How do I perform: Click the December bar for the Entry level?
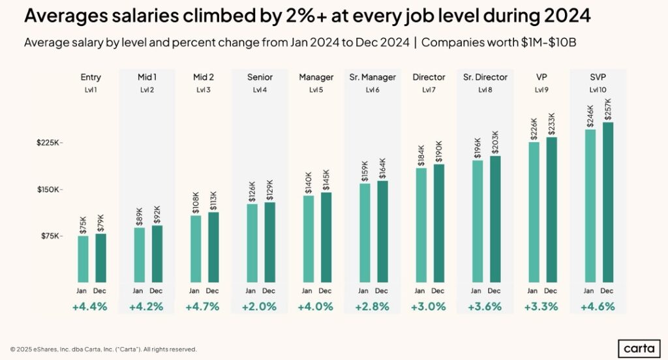(100, 259)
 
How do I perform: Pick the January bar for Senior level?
(251, 244)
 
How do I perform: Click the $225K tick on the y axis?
(49, 143)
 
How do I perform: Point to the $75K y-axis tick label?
(50, 236)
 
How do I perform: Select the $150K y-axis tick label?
(49, 190)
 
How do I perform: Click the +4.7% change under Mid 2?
(204, 306)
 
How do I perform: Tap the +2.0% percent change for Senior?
(260, 306)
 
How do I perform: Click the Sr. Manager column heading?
(372, 78)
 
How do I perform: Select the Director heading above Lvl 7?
(429, 78)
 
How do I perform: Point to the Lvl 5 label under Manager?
(316, 90)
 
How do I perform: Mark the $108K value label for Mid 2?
(195, 202)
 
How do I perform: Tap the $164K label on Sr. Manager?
(382, 168)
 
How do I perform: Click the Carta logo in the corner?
(638, 348)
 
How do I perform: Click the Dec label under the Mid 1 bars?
(157, 290)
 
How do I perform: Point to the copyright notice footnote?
(103, 350)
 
